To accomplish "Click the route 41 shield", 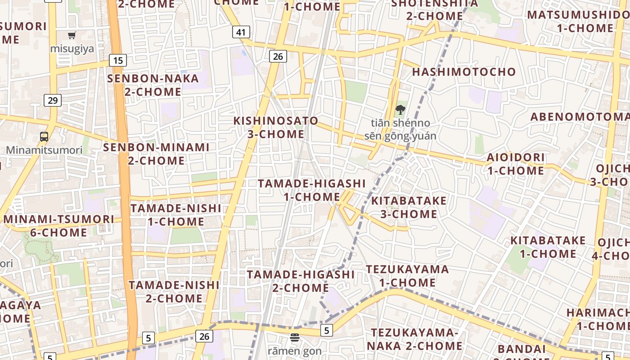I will (241, 32).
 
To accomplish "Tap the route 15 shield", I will (118, 60).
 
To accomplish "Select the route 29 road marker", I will (53, 100).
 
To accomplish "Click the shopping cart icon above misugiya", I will (72, 35).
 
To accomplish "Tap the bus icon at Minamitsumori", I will (44, 137).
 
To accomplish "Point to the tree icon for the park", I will (400, 109).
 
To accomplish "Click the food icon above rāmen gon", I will (295, 337).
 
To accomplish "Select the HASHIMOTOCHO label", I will (464, 72).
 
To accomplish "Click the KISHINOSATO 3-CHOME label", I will (276, 127).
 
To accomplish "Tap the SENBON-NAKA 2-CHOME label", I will (153, 85).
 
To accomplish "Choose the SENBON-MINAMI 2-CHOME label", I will (156, 154).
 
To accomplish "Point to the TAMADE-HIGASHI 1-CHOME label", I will (312, 190).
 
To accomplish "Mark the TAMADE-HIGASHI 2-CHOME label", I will (301, 281).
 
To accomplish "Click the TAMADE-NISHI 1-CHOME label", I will (175, 215).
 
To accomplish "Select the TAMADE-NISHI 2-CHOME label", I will (174, 291).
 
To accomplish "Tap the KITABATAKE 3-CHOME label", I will (409, 207).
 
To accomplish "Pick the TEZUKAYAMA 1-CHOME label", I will (407, 276).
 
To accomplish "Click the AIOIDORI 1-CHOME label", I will (515, 164).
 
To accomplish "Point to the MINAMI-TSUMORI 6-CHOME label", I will (59, 226).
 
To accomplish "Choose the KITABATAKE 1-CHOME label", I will (548, 247).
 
